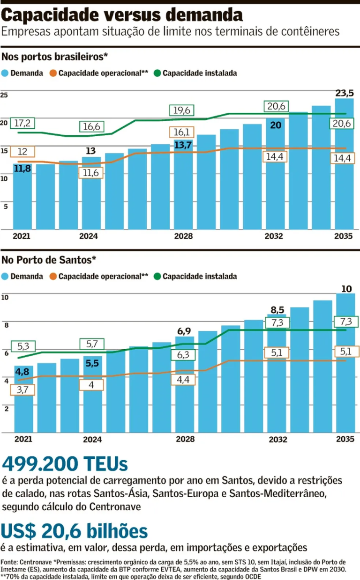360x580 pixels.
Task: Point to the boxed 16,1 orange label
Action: tap(182, 132)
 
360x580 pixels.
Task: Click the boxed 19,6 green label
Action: tap(182, 110)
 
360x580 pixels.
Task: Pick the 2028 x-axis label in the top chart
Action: tap(183, 236)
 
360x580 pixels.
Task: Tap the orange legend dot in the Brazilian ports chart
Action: tap(53, 73)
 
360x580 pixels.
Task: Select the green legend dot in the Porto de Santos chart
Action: tap(157, 277)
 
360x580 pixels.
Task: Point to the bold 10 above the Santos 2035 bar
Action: tap(346, 288)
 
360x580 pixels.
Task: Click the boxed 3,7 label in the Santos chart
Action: tap(22, 389)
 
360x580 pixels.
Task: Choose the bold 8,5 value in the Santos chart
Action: tap(277, 309)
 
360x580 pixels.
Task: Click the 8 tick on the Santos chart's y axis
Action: tap(6, 324)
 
